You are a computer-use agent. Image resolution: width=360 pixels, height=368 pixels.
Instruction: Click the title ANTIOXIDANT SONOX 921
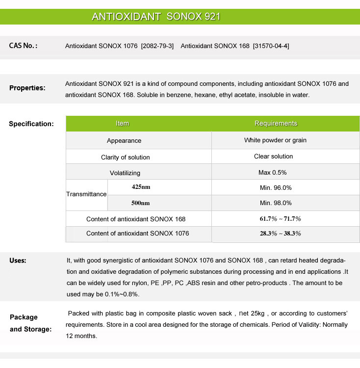(x=156, y=17)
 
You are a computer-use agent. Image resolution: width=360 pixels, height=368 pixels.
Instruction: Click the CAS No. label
(x=23, y=46)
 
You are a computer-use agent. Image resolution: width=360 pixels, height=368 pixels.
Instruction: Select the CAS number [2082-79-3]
(x=157, y=46)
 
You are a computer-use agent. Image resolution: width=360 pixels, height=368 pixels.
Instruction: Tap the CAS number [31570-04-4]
(x=271, y=46)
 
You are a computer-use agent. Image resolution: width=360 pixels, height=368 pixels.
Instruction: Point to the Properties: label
(x=27, y=88)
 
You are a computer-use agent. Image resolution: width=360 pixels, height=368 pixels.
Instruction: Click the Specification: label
(x=31, y=124)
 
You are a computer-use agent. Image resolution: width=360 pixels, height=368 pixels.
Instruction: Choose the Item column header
(x=122, y=124)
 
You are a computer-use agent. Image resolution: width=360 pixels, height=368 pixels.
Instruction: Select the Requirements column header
(x=276, y=124)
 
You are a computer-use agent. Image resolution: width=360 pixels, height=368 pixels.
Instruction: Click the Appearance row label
(x=124, y=141)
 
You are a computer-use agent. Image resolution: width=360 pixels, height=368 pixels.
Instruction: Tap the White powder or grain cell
(x=275, y=140)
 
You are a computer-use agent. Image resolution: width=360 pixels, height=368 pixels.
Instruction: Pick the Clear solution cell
(x=273, y=157)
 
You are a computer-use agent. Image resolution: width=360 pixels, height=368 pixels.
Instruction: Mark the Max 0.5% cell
(x=272, y=173)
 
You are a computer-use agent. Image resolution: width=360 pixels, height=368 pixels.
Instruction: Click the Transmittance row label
(x=86, y=194)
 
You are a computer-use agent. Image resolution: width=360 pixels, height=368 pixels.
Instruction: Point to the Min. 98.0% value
(x=276, y=203)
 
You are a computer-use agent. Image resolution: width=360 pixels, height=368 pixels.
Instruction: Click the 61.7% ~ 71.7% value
(x=280, y=219)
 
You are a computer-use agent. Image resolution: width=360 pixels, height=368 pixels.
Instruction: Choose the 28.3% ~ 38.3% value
(x=280, y=234)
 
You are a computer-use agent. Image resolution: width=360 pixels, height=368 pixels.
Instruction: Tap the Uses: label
(x=18, y=261)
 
